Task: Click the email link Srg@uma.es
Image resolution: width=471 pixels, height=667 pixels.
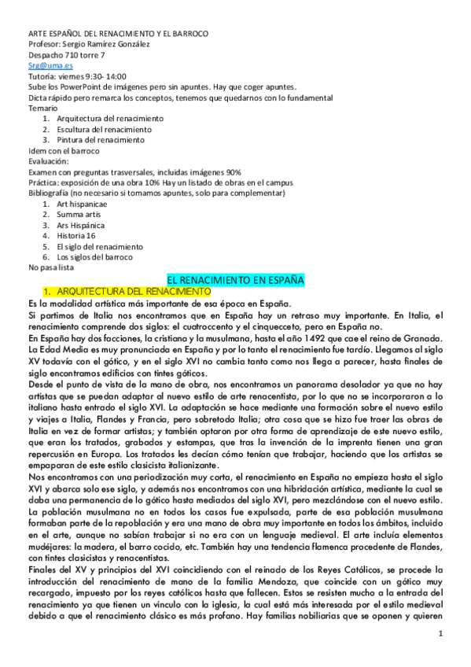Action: (x=45, y=67)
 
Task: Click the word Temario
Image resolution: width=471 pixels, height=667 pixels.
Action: (x=42, y=108)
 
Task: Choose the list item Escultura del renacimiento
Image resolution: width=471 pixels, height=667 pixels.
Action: (x=99, y=129)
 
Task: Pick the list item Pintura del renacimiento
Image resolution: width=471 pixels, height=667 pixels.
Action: (x=96, y=139)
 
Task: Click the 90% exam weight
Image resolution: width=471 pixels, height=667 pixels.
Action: (x=233, y=171)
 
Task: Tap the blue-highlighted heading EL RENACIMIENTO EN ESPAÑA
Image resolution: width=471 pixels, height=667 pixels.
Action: (x=236, y=279)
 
